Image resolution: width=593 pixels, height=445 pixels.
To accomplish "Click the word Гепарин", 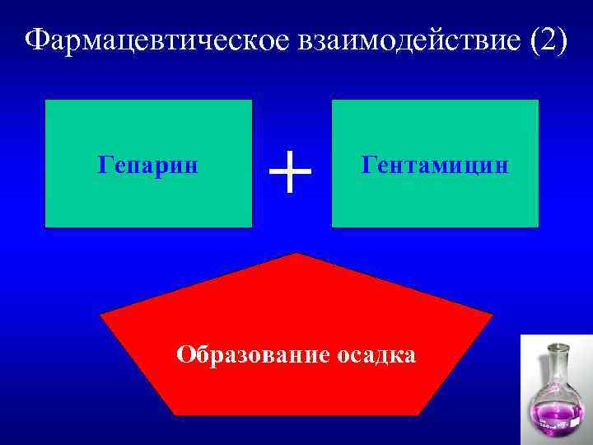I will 148,165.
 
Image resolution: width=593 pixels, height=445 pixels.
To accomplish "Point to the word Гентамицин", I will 435,165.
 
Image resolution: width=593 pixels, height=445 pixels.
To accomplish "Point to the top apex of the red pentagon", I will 296,254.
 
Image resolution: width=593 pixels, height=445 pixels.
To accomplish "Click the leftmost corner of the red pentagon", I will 100,315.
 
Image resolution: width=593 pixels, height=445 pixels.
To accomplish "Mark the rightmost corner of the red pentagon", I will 493,315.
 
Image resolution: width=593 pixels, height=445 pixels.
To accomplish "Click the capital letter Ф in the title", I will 34,40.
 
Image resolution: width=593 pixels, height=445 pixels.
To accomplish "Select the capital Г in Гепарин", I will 104,165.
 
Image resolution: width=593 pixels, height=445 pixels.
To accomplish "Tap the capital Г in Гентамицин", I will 368,165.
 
